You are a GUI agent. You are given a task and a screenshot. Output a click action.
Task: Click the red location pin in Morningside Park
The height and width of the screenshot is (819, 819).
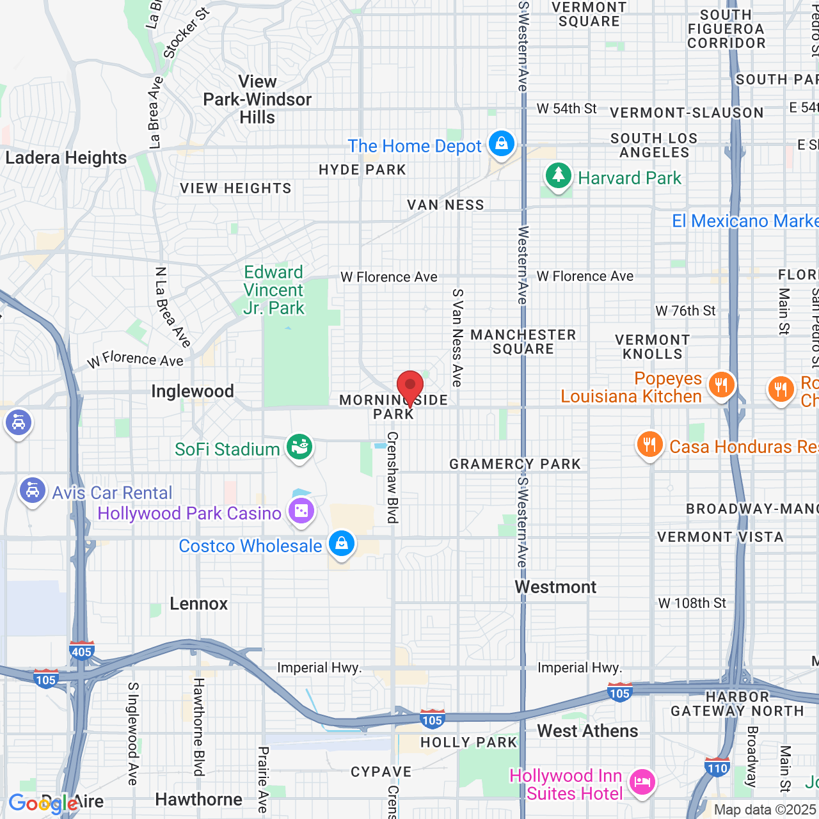(x=410, y=387)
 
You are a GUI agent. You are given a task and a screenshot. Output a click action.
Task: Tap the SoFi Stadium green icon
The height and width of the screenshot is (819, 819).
(x=299, y=446)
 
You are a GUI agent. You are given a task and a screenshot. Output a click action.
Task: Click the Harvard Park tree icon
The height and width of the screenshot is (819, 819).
(x=558, y=175)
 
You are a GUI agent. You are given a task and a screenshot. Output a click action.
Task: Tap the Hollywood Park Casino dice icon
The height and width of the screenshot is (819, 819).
(x=301, y=511)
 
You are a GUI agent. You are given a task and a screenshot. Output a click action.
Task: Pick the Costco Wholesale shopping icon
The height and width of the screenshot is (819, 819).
(x=342, y=543)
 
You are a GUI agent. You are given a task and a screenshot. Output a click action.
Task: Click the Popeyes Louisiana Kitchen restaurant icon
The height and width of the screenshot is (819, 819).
(x=721, y=385)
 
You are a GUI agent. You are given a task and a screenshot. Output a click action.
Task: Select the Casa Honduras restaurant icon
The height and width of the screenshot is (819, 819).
(x=649, y=444)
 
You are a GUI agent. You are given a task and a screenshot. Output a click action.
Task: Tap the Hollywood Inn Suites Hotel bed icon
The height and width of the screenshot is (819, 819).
(x=642, y=782)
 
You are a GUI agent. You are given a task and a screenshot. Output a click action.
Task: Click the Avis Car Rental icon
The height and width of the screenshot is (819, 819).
(x=32, y=491)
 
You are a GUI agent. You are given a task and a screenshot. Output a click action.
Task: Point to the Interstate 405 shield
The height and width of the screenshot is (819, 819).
(x=82, y=651)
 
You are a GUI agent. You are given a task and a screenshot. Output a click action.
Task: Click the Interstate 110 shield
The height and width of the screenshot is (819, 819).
(x=717, y=767)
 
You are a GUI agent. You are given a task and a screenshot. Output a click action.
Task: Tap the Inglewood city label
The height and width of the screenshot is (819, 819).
(x=193, y=392)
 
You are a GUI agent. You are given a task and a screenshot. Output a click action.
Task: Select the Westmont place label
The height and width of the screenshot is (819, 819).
(x=555, y=587)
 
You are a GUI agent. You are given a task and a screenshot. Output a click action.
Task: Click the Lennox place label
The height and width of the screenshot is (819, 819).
(x=199, y=604)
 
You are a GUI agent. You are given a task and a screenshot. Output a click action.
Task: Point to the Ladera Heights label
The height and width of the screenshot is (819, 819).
(x=66, y=158)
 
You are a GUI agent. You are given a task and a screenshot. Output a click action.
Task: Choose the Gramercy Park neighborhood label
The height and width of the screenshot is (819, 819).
(x=515, y=465)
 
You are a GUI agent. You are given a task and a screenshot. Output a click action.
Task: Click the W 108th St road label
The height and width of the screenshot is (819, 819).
(x=692, y=603)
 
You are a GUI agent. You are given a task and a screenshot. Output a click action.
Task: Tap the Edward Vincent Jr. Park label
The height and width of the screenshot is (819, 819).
(x=274, y=290)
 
